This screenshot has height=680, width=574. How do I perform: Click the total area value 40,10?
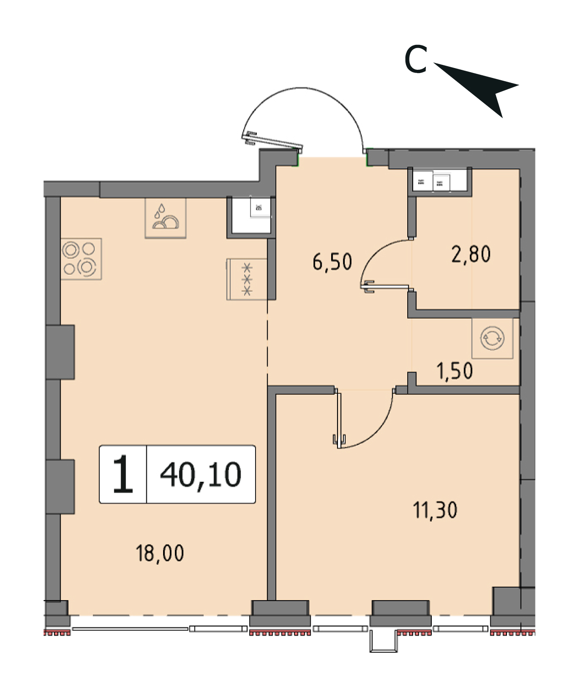click(x=201, y=475)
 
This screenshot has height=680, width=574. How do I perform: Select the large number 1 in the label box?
click(x=123, y=474)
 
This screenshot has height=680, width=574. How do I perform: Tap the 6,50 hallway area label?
click(x=332, y=262)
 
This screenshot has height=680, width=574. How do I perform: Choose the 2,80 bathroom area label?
click(x=471, y=254)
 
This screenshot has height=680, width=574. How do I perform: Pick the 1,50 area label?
click(x=455, y=371)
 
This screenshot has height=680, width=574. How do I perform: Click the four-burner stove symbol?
click(x=82, y=259)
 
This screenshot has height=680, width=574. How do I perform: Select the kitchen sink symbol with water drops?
click(x=166, y=218)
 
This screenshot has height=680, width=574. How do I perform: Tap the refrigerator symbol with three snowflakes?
click(x=247, y=279)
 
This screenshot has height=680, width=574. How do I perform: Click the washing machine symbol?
click(x=492, y=338)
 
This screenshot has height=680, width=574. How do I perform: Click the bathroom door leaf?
click(x=385, y=287)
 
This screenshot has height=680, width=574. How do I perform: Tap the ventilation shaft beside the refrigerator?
click(x=251, y=215)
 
